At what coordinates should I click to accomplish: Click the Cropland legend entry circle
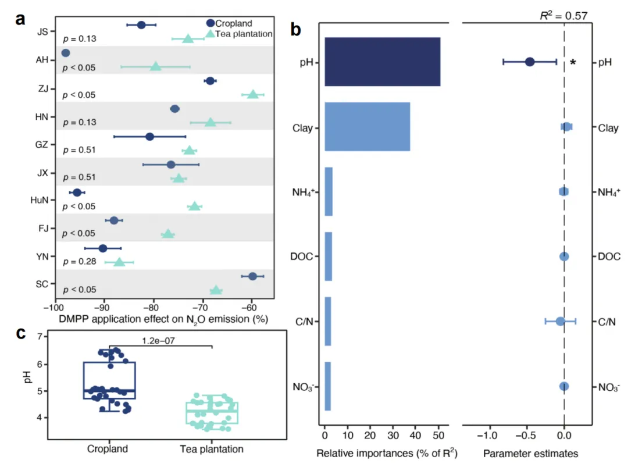coord(210,23)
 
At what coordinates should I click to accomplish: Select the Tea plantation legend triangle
coord(210,34)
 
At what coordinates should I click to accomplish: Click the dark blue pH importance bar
coord(382,62)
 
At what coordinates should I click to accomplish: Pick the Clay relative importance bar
coord(367,127)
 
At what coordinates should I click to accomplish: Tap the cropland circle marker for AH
coord(66,54)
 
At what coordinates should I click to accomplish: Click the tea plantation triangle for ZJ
coord(252,94)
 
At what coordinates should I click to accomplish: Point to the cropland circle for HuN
coord(77,192)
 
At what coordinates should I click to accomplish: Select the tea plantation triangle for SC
coord(216,290)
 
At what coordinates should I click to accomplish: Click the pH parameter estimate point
coord(530,62)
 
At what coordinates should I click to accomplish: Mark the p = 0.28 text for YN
coord(79,262)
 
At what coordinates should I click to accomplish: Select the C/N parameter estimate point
coord(560,321)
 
